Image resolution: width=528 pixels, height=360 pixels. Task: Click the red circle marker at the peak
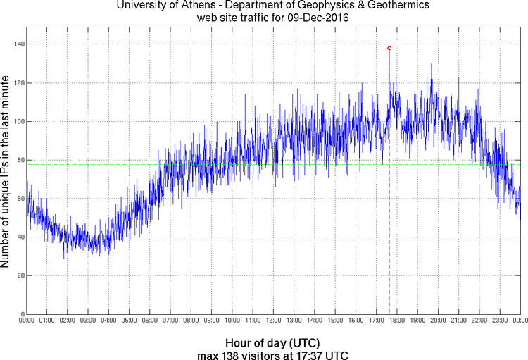click(389, 48)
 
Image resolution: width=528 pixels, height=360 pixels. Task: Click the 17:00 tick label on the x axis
click(376, 321)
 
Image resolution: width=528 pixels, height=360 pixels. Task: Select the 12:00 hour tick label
click(273, 321)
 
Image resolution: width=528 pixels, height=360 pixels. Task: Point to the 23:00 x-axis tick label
click(499, 321)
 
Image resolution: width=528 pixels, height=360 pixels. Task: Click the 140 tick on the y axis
click(18, 44)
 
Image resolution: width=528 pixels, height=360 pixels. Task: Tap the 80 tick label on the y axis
click(20, 160)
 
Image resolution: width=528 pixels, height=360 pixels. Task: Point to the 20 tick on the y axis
click(20, 275)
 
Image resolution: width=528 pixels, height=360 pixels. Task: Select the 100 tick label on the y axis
click(18, 121)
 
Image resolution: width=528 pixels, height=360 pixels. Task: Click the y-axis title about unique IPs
click(6, 173)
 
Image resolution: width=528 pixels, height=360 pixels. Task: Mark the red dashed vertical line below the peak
click(389, 211)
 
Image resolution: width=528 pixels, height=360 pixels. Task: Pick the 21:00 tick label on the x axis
click(458, 321)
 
